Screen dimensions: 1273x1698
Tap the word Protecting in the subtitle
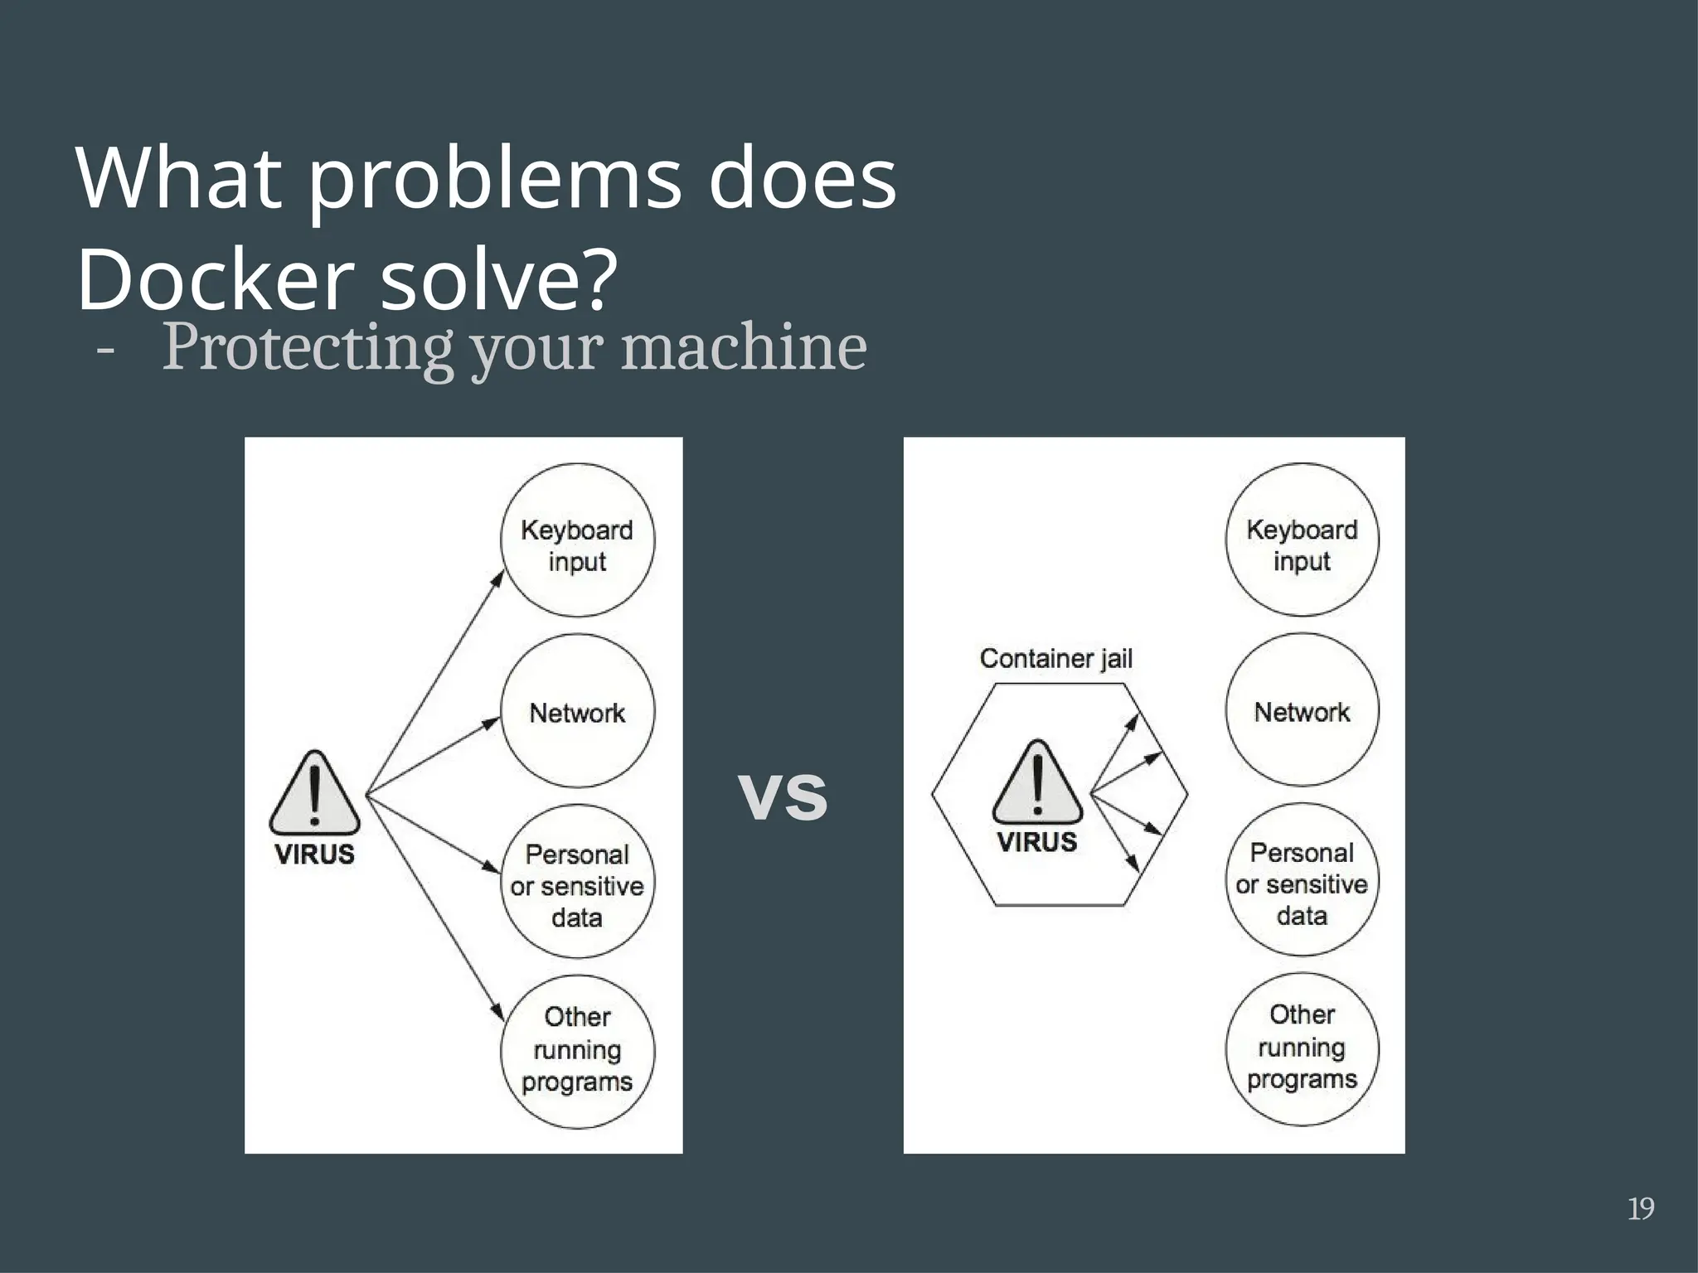307,348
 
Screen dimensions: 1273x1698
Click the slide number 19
1641,1208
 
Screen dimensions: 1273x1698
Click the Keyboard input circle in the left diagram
577,540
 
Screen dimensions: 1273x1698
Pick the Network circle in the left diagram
577,711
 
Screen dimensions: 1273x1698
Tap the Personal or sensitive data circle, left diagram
577,882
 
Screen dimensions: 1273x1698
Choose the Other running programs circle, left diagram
577,1051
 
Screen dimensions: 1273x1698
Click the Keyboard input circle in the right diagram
1302,540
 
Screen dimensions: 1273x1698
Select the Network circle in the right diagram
1302,710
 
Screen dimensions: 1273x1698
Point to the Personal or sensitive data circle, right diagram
1302,880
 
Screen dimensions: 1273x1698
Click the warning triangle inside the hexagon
1037,784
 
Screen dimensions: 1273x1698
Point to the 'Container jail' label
1055,659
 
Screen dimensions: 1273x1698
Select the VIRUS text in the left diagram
314,854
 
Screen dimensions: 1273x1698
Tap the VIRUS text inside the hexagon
1037,842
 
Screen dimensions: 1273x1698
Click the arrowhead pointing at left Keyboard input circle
497,578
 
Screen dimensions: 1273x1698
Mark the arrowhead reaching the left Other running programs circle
498,1013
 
